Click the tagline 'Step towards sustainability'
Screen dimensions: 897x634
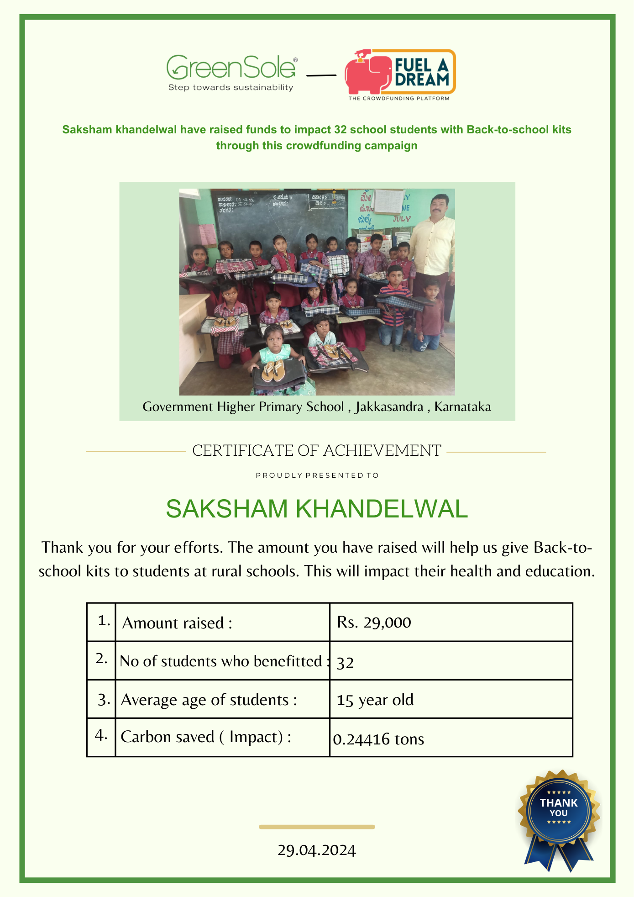(x=231, y=88)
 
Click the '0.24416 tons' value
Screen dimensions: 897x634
(x=378, y=739)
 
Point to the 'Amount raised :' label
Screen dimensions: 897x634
(x=177, y=623)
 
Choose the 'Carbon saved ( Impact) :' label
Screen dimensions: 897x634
(x=206, y=737)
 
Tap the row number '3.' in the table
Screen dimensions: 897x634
(x=104, y=700)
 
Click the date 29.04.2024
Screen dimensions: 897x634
(x=317, y=850)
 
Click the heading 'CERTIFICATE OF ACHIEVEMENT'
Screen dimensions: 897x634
(x=317, y=451)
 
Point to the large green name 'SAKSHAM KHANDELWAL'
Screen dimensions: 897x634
(x=317, y=509)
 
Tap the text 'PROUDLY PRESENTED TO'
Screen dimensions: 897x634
(x=317, y=475)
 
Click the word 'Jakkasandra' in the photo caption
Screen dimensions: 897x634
(x=389, y=406)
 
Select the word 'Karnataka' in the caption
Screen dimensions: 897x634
(x=462, y=406)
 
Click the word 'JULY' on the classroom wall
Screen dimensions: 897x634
(x=402, y=219)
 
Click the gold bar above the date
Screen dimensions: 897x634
(x=317, y=827)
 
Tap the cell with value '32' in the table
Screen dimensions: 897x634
(x=345, y=662)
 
